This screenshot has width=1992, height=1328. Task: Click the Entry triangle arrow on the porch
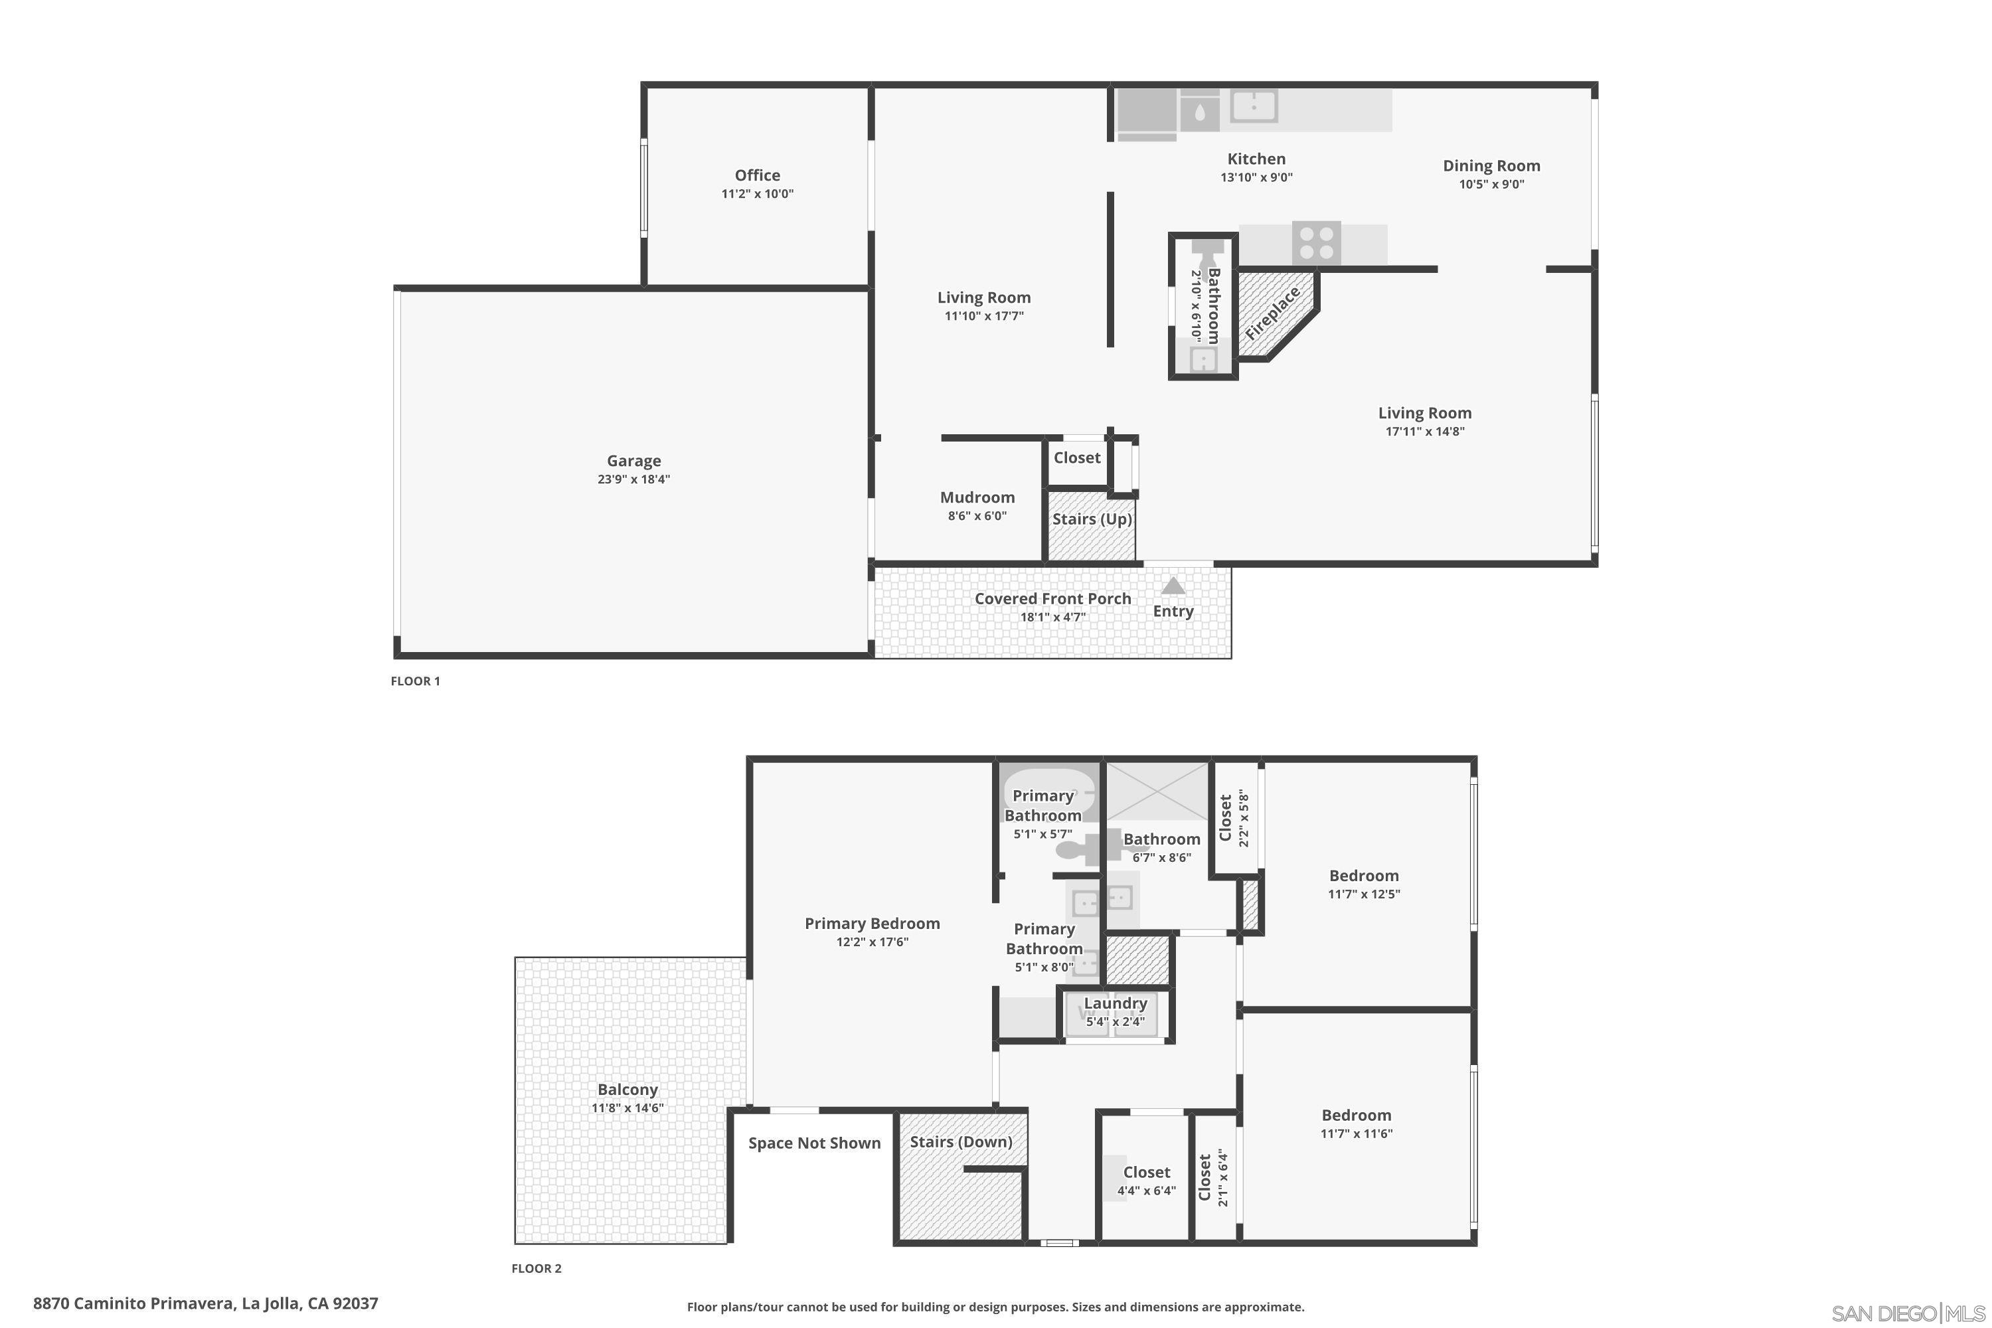(1173, 585)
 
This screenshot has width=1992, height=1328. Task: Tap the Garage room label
(633, 461)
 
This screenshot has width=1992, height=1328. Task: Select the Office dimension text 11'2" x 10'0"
(757, 194)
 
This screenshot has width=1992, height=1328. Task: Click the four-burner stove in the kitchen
(1316, 242)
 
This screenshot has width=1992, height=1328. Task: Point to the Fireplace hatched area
(1273, 313)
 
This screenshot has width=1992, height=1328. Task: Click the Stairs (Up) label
(1092, 519)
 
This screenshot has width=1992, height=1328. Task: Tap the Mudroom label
(977, 497)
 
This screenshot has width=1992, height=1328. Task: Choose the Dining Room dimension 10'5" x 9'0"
(1491, 185)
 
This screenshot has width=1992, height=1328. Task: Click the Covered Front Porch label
(1052, 599)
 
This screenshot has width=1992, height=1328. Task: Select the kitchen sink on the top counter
(1254, 107)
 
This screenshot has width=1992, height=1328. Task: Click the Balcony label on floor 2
(627, 1090)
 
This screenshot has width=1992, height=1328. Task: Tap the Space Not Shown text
(815, 1143)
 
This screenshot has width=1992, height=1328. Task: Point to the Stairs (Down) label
(961, 1141)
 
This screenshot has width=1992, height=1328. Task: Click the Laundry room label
(1116, 1003)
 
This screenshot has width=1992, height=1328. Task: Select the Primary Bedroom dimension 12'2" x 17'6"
(872, 942)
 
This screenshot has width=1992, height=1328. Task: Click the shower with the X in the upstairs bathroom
(1158, 791)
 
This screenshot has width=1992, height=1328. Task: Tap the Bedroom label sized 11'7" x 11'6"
(1356, 1116)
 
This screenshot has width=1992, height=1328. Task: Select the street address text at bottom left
(206, 1303)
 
